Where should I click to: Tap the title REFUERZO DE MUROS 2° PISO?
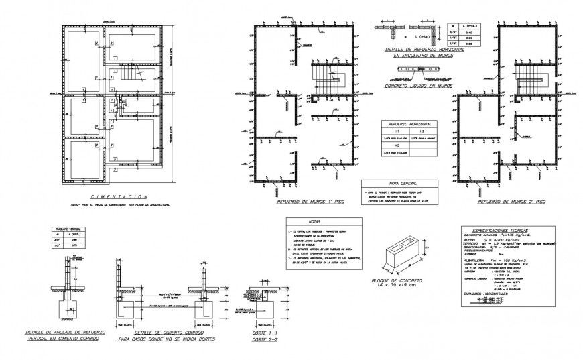(511, 200)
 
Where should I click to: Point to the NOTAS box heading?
(315, 221)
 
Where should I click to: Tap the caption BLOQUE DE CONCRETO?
(401, 280)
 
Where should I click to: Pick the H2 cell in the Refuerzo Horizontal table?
(422, 131)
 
